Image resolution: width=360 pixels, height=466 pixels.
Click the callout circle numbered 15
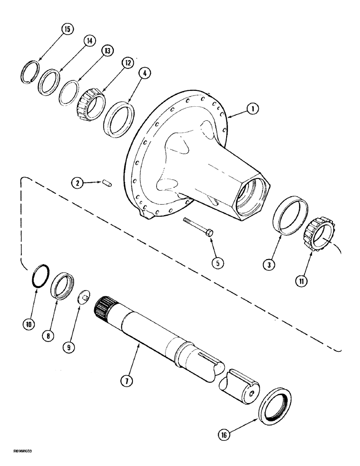(68, 30)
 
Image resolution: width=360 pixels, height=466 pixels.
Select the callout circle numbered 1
(252, 110)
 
